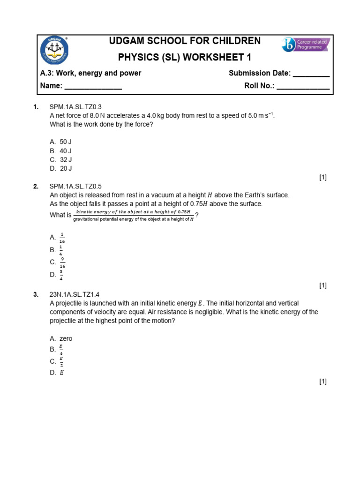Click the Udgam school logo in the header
point(54,51)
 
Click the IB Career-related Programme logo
point(306,45)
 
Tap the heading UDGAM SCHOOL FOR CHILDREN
point(185,41)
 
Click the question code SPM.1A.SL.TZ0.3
point(75,107)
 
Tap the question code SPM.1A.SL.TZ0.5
point(75,187)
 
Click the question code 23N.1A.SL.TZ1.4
point(75,294)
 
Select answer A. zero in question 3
point(61,338)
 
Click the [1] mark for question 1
point(322,177)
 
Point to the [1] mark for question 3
point(322,382)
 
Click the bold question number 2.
point(36,187)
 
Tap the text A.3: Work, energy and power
point(91,73)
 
